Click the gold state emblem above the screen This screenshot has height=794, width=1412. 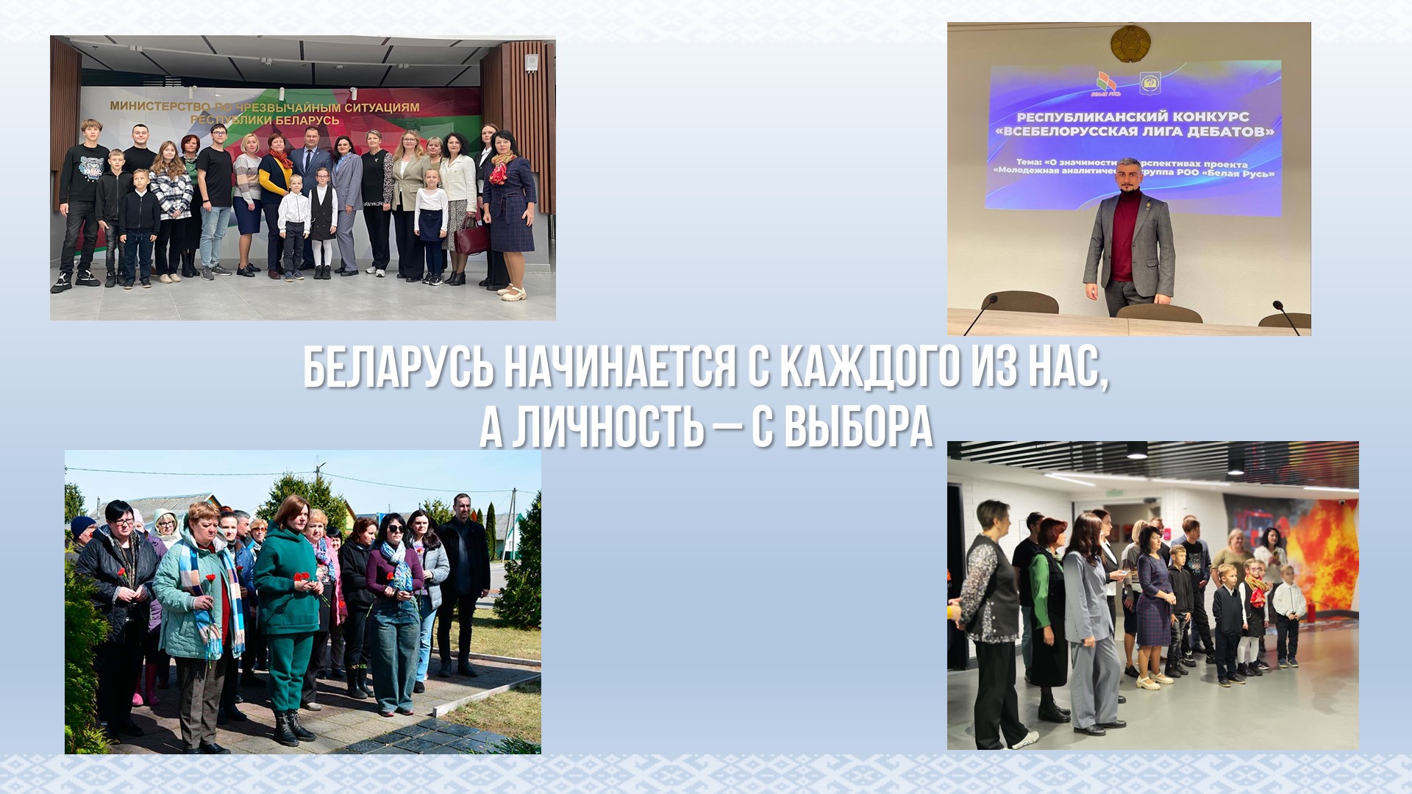1129,42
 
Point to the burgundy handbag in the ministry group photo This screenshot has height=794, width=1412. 471,237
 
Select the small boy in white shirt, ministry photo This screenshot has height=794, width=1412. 294,224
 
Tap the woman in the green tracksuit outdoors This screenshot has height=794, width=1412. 288,610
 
